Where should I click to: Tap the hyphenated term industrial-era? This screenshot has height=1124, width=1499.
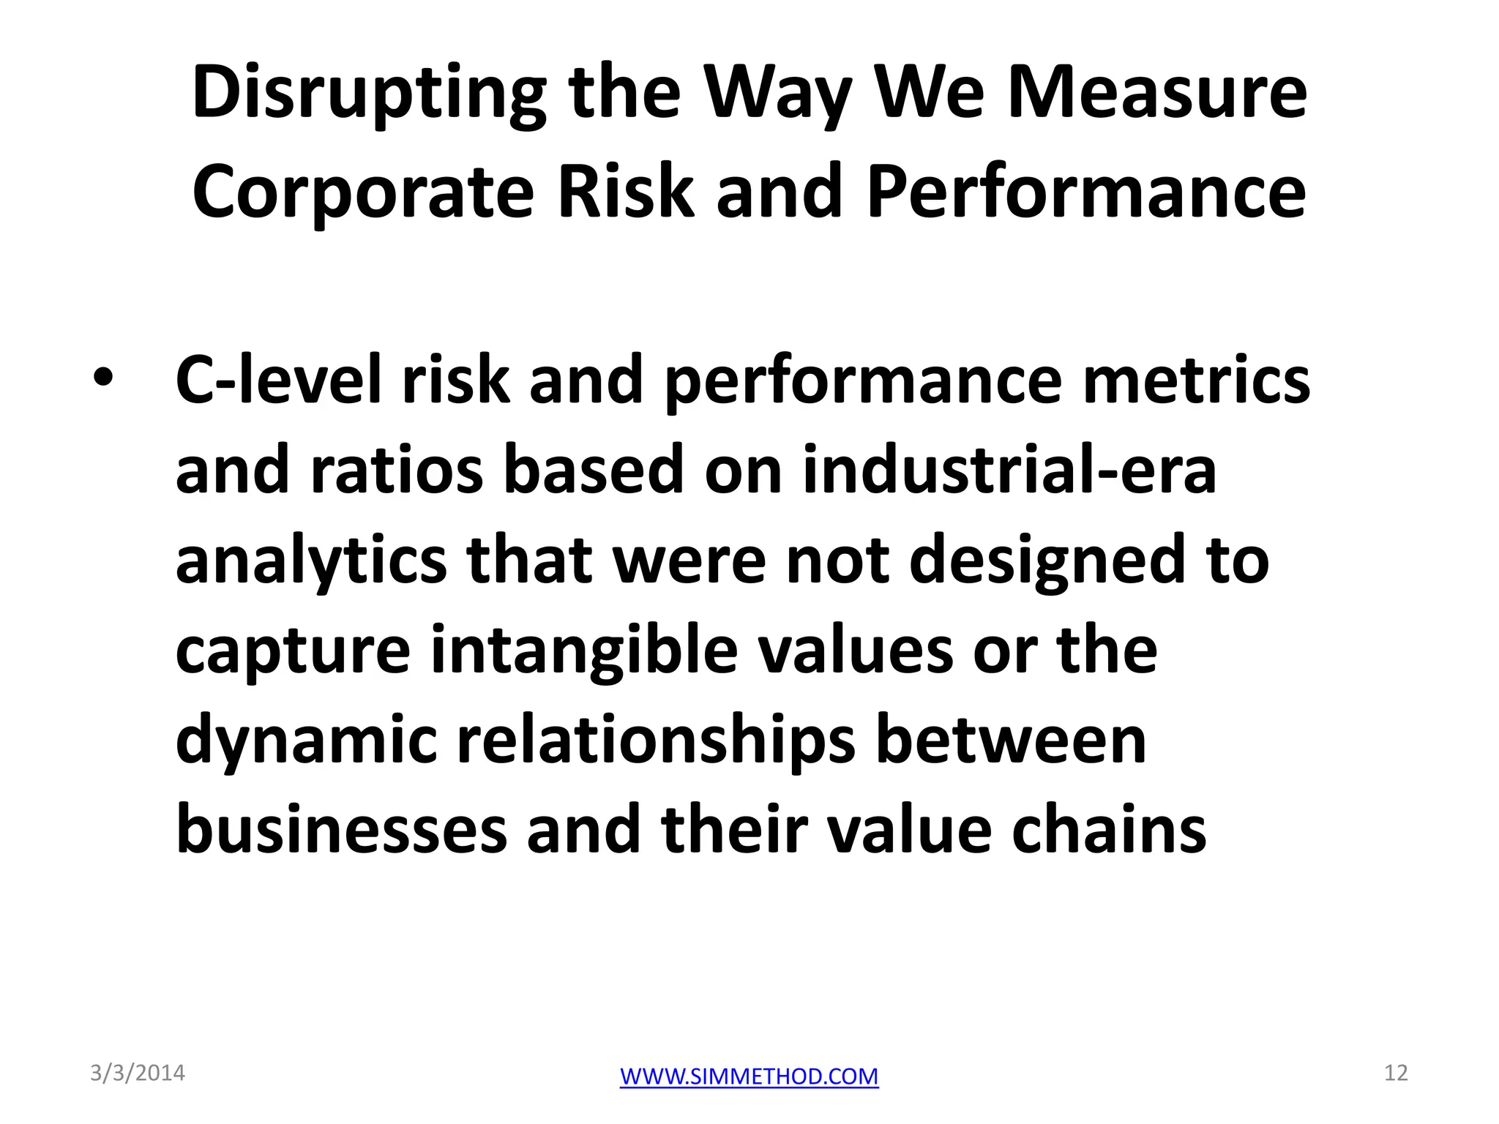tap(1009, 470)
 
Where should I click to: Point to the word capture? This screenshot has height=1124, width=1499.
tap(293, 651)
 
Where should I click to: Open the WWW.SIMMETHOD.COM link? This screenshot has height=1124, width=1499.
tap(749, 1076)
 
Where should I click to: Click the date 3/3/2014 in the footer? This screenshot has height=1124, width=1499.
tap(138, 1074)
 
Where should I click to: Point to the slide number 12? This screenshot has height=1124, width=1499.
tap(1396, 1073)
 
